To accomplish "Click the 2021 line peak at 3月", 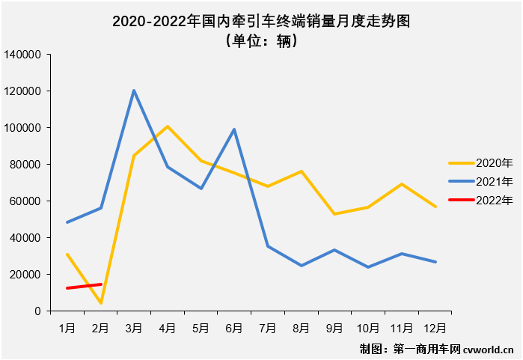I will pos(134,91).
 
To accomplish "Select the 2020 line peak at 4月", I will pos(168,126).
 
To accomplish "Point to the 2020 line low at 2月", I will pos(100,303).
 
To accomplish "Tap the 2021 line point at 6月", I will pos(234,129).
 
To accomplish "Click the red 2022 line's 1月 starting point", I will pos(67,288).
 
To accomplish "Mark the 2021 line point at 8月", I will pos(301,266).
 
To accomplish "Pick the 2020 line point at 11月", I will pos(401,184).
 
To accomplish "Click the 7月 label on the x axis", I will pos(268,327).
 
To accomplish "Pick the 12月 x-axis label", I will pos(435,327).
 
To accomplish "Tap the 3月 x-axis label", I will pos(134,327).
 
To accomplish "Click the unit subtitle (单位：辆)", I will pos(261,42).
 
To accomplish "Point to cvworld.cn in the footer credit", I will pos(489,349).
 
